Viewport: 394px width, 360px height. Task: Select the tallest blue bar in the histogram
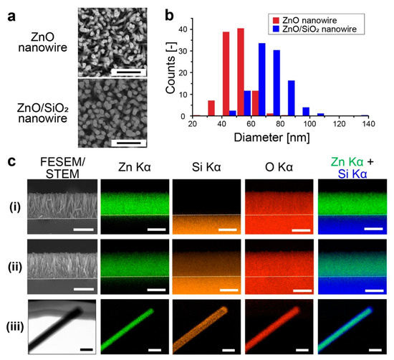pos(262,80)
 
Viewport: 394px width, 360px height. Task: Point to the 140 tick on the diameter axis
pos(367,123)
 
